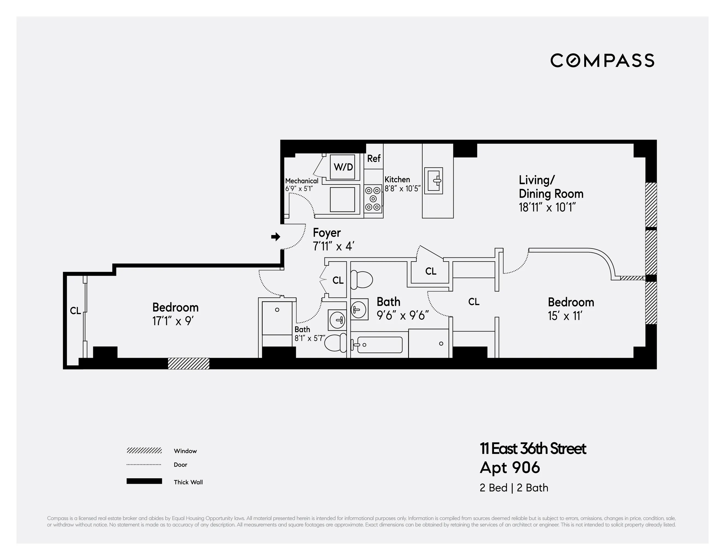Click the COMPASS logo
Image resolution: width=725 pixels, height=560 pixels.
pos(602,60)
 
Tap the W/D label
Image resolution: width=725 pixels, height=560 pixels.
pos(343,167)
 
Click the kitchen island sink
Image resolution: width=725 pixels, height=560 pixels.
pos(434,181)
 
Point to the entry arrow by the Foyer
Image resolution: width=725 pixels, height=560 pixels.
pos(276,237)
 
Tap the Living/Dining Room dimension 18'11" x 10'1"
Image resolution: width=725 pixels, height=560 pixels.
pos(547,207)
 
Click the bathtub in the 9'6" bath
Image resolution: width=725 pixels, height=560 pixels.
pos(379,345)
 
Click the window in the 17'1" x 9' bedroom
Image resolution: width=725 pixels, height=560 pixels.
pos(189,363)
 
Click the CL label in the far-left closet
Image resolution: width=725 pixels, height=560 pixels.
pos(75,311)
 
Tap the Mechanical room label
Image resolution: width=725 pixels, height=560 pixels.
pos(302,181)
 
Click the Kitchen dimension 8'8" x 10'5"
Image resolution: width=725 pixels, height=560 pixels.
pos(402,189)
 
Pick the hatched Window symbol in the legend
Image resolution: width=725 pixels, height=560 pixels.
pos(144,450)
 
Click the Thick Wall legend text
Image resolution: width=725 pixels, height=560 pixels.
pos(188,482)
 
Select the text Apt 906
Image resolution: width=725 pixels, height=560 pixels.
pos(510,468)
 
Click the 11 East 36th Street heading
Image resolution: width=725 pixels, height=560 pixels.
pos(533,449)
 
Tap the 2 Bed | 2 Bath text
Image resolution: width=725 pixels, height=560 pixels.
pos(513,488)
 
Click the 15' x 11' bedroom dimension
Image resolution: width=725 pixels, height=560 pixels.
pos(565,316)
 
